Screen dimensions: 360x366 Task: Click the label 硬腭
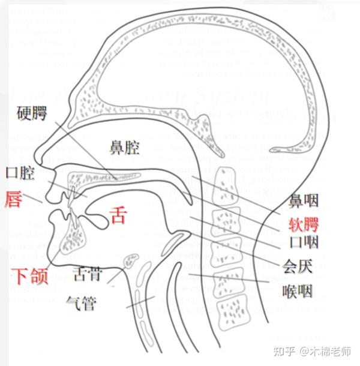tap(32, 113)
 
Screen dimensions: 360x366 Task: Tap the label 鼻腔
tap(124, 146)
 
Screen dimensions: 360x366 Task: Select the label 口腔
tap(20, 173)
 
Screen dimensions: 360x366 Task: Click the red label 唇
tap(13, 198)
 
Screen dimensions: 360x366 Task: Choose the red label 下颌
tap(29, 276)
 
